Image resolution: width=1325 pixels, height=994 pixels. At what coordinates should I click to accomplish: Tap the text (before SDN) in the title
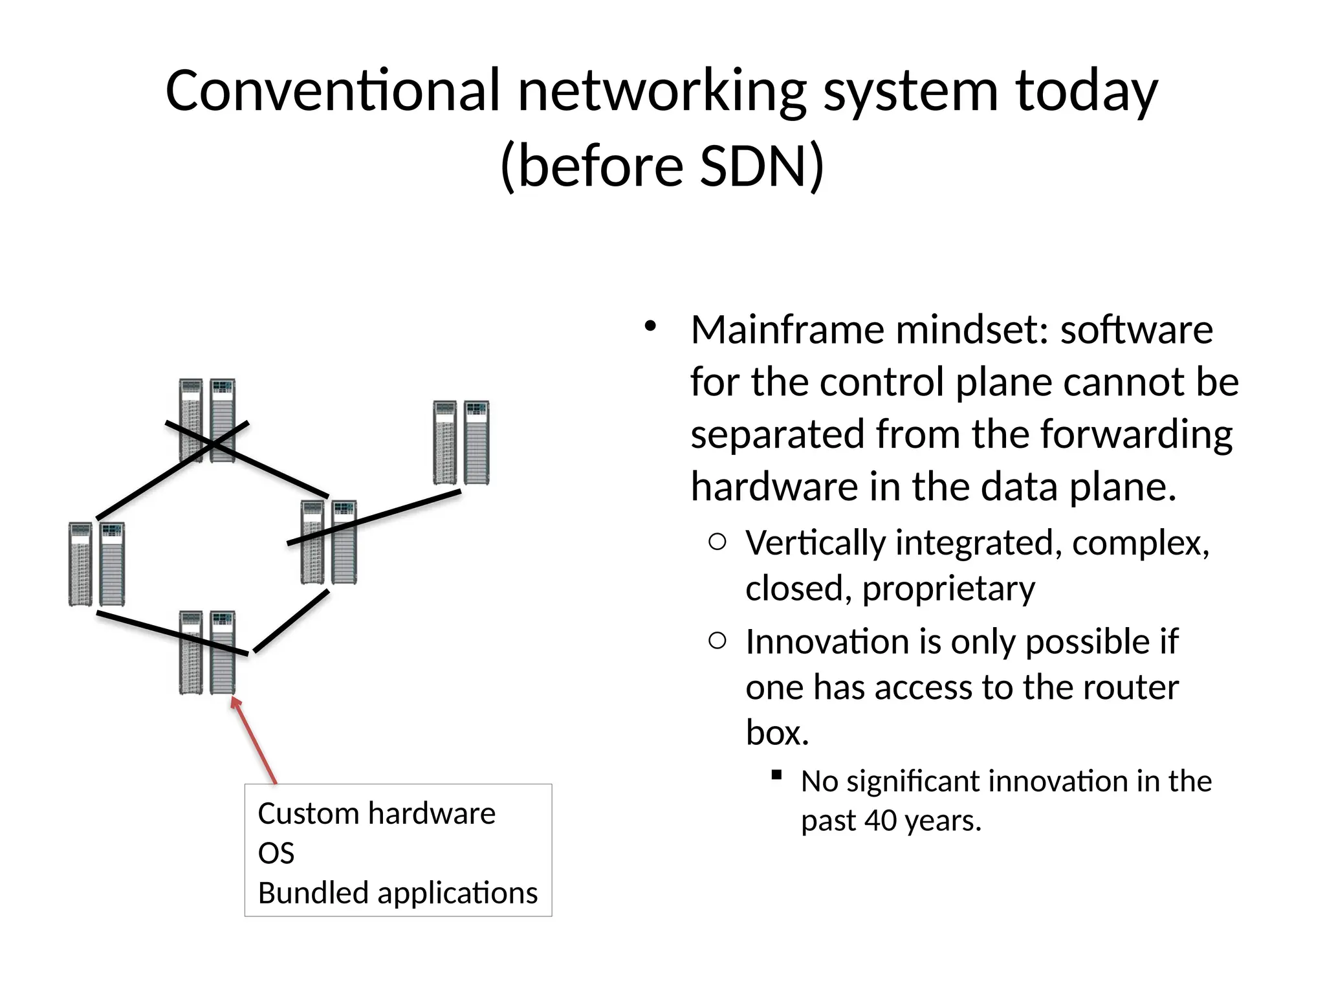point(662,166)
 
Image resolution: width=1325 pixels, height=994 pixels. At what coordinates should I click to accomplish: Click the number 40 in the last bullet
point(880,821)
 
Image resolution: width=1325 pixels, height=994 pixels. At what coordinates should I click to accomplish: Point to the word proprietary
point(948,589)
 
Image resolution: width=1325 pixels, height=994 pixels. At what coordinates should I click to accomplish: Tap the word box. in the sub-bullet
point(777,733)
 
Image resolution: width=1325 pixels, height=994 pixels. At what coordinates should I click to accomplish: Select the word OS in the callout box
point(276,854)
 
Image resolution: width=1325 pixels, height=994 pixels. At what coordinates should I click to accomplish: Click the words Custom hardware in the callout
point(377,813)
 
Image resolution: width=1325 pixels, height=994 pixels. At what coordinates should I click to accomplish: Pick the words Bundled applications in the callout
point(398,893)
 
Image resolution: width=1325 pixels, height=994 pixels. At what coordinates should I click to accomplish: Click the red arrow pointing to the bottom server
point(254,740)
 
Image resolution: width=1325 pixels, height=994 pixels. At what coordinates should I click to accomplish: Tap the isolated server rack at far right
point(461,443)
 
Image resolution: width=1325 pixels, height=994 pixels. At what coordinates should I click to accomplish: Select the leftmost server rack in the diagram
point(97,564)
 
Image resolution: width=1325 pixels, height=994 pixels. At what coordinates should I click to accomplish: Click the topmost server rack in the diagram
point(207,420)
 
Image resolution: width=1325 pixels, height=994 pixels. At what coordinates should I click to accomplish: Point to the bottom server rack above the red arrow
point(207,652)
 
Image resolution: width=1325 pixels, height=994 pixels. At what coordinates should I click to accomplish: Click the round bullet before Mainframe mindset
point(651,326)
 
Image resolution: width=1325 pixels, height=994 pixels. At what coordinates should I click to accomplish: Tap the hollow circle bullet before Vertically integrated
point(717,542)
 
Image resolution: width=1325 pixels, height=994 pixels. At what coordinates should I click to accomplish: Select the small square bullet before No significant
point(777,774)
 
